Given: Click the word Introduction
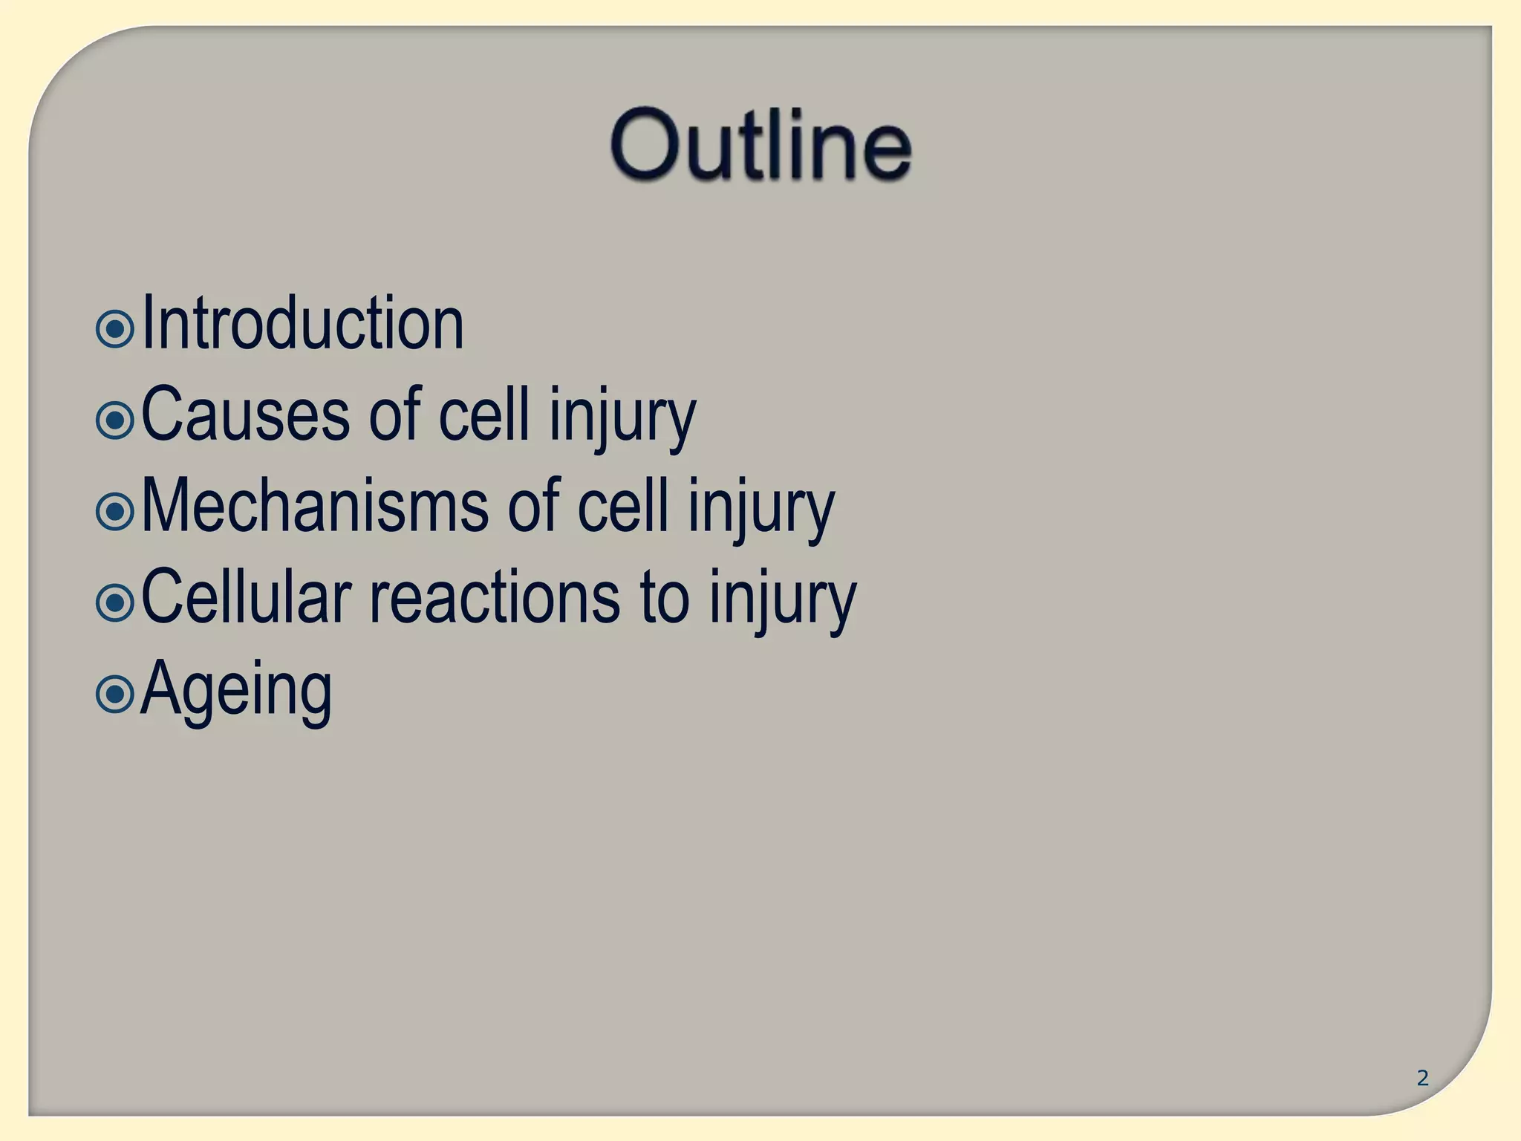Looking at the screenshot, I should point(302,324).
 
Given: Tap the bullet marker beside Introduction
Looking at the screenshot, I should point(115,328).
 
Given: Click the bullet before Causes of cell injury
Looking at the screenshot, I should point(115,420).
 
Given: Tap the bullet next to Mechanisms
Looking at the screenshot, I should point(115,512).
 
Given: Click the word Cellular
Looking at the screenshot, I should point(246,598).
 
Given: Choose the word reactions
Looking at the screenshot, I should point(495,598).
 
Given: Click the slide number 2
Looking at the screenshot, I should point(1422,1078).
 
